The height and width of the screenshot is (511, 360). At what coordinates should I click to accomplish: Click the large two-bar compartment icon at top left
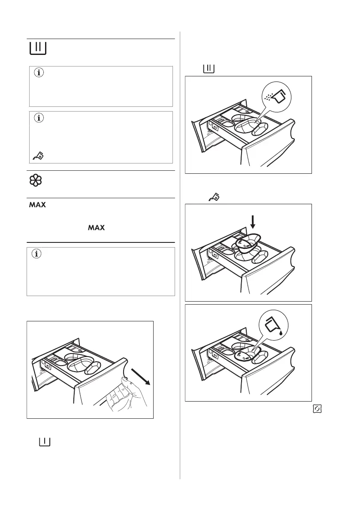[x=38, y=48]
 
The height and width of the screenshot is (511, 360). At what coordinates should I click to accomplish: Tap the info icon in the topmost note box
[x=39, y=73]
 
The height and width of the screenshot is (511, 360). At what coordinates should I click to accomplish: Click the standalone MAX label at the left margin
[x=37, y=206]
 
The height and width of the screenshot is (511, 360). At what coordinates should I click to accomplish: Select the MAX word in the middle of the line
[x=97, y=227]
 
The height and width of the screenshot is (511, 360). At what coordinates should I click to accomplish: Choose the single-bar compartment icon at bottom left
[x=45, y=441]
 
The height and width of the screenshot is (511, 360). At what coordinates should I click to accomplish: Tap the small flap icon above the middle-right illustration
[x=213, y=197]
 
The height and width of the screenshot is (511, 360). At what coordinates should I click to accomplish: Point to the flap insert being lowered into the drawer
[x=245, y=243]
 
